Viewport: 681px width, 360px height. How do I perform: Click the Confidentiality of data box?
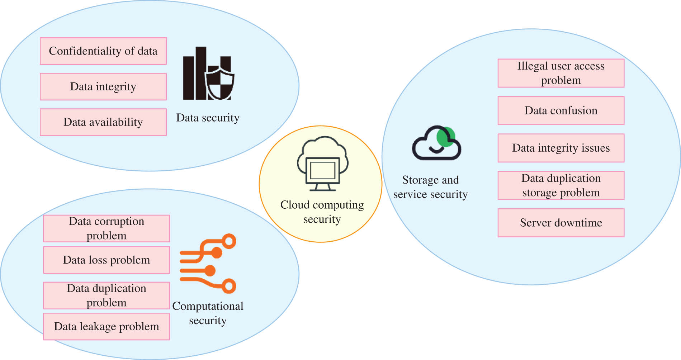coord(103,51)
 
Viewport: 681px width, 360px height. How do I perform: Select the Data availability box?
coord(103,122)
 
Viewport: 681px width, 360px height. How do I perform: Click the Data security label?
coord(208,118)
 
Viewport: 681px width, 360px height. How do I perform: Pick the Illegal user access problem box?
coord(561,73)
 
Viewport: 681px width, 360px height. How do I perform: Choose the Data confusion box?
coord(561,110)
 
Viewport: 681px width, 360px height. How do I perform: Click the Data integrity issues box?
coord(561,148)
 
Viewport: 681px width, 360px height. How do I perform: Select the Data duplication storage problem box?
coord(561,185)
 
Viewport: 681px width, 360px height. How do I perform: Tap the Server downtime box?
coord(561,223)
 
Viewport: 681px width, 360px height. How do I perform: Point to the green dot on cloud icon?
coord(446,137)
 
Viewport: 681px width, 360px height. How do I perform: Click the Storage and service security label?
coord(430,187)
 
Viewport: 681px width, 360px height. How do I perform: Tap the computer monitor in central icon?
coord(322,171)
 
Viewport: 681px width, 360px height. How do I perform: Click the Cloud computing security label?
coord(322,212)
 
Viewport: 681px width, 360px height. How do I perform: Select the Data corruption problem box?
coord(107,228)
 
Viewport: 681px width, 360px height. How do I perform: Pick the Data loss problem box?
coord(107,260)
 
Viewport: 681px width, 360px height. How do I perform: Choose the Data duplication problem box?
coord(107,295)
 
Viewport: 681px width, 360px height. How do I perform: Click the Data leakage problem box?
coord(107,326)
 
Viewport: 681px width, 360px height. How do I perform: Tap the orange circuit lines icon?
coord(208,264)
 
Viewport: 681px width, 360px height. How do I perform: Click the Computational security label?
coord(208,313)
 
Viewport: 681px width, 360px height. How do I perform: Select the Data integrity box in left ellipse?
coord(103,86)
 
